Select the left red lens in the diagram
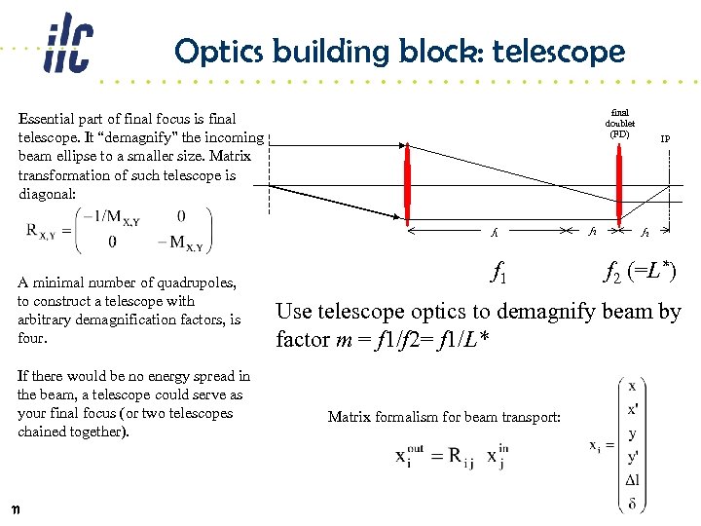[x=408, y=183]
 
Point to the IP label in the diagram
[x=665, y=139]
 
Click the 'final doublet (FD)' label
[x=620, y=123]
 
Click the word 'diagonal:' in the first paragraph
[x=50, y=194]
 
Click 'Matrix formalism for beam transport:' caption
[x=444, y=417]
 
